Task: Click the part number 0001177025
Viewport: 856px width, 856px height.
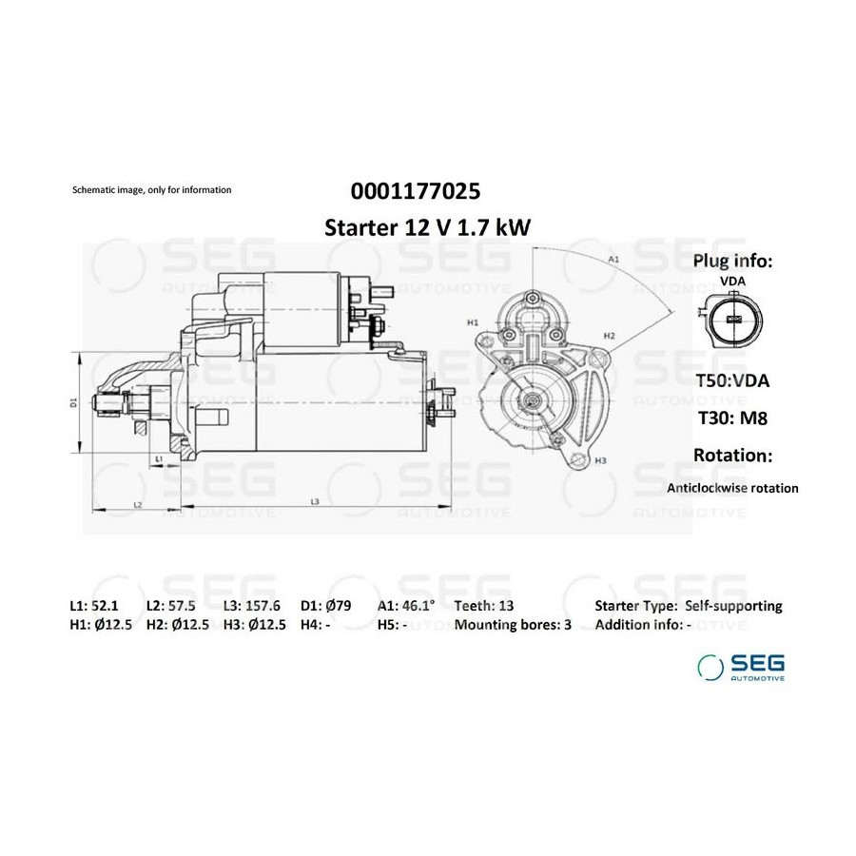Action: point(416,191)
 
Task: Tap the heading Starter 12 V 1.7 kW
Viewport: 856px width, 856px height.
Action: point(427,227)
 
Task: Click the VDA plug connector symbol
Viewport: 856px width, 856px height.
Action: point(732,320)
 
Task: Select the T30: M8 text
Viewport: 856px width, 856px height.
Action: point(732,418)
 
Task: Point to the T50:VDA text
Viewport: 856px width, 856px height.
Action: point(732,380)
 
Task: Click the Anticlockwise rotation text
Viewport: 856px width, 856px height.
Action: point(732,488)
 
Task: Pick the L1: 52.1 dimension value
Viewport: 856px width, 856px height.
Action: point(94,606)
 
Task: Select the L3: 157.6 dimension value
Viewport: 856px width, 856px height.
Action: point(252,606)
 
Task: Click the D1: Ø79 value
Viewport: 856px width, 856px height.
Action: point(326,606)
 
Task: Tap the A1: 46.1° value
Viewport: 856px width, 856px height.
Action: point(406,606)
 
